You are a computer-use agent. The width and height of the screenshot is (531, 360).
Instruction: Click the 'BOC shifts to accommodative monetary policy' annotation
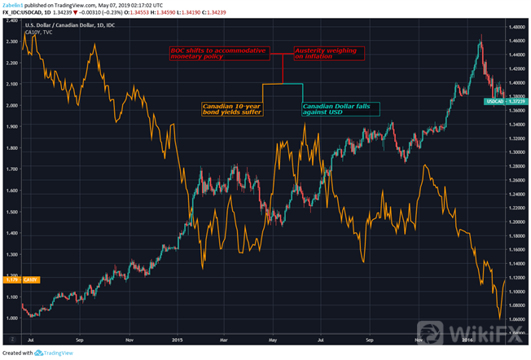coord(219,54)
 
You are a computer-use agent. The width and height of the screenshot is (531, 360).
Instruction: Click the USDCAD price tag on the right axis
coord(498,100)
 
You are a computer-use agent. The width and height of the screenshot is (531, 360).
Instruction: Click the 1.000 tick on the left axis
coord(11,318)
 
